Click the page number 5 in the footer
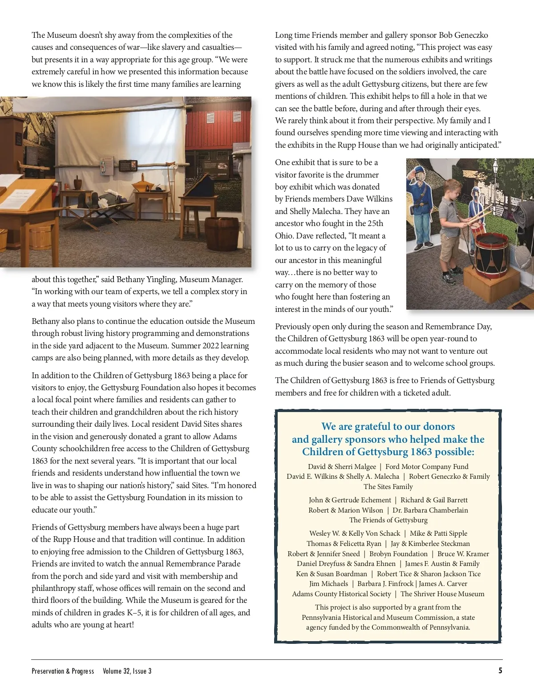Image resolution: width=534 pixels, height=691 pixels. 500,671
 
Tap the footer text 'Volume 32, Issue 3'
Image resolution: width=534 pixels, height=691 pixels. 127,671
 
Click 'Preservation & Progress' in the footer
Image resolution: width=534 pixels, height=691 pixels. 63,671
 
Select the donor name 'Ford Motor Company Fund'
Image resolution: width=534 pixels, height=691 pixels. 427,466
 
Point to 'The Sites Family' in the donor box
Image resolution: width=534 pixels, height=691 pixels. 388,486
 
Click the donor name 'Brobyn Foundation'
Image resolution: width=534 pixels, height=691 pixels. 398,554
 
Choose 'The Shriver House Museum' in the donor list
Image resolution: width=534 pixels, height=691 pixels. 442,594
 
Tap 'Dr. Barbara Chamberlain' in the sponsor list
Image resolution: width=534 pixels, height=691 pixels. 430,510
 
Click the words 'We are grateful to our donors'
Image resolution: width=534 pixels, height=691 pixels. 388,426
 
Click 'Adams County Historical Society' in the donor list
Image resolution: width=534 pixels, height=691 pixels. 341,594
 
